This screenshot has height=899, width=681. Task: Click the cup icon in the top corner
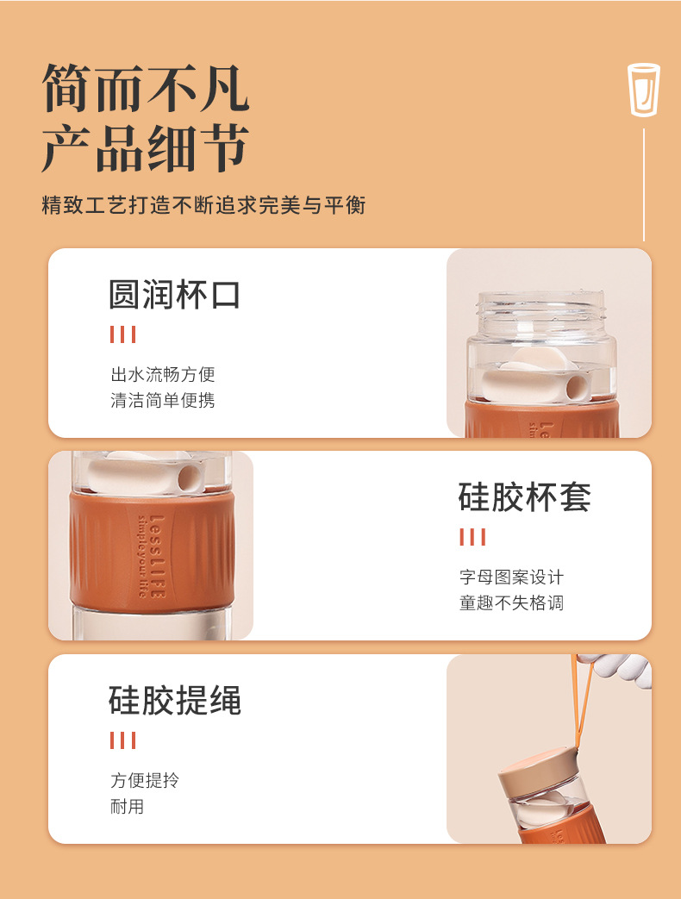tap(643, 89)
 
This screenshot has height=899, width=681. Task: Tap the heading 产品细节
tap(146, 148)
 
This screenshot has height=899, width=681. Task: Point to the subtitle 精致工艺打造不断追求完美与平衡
tap(203, 205)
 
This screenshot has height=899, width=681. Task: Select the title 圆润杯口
tap(174, 294)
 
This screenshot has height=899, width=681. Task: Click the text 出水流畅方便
tap(162, 374)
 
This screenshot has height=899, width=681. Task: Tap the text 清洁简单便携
tap(162, 400)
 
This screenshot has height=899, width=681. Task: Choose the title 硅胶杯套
tap(524, 497)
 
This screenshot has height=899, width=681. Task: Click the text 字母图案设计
tap(511, 577)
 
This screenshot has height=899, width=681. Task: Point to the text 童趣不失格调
tap(511, 602)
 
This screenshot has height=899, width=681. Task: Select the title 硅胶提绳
tap(174, 700)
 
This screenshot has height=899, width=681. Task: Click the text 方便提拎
tap(145, 780)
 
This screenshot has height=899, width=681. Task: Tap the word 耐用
tap(127, 807)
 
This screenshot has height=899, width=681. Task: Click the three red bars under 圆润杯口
tap(122, 334)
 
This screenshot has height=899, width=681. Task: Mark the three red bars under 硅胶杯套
tap(472, 538)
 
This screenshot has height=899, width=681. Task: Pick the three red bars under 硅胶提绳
tap(122, 740)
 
